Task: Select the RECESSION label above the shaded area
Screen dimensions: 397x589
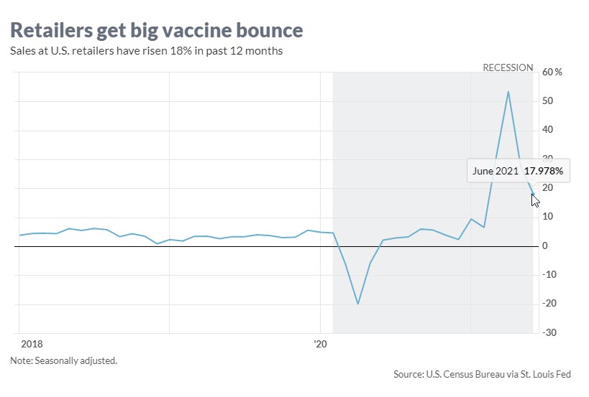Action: tap(508, 67)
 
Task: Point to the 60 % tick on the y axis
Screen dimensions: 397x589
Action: tap(552, 73)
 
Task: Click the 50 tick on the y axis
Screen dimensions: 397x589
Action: tap(548, 101)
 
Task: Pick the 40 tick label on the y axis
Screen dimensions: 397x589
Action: tap(548, 130)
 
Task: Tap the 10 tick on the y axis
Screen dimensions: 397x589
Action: tap(548, 217)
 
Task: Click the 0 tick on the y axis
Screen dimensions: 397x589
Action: tap(545, 246)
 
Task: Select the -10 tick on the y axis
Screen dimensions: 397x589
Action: tap(549, 275)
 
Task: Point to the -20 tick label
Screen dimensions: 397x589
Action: tap(549, 304)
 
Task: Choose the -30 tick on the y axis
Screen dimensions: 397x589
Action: tap(549, 333)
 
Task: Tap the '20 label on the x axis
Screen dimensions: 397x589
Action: tap(321, 345)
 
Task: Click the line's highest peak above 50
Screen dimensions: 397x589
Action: tap(508, 92)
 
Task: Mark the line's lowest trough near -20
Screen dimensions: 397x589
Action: tap(357, 304)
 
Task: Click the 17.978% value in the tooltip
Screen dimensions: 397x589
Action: tap(544, 172)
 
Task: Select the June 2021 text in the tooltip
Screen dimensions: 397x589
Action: tap(496, 172)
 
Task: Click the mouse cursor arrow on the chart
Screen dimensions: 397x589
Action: tap(535, 200)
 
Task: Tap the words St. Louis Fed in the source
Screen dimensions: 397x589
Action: tap(554, 374)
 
